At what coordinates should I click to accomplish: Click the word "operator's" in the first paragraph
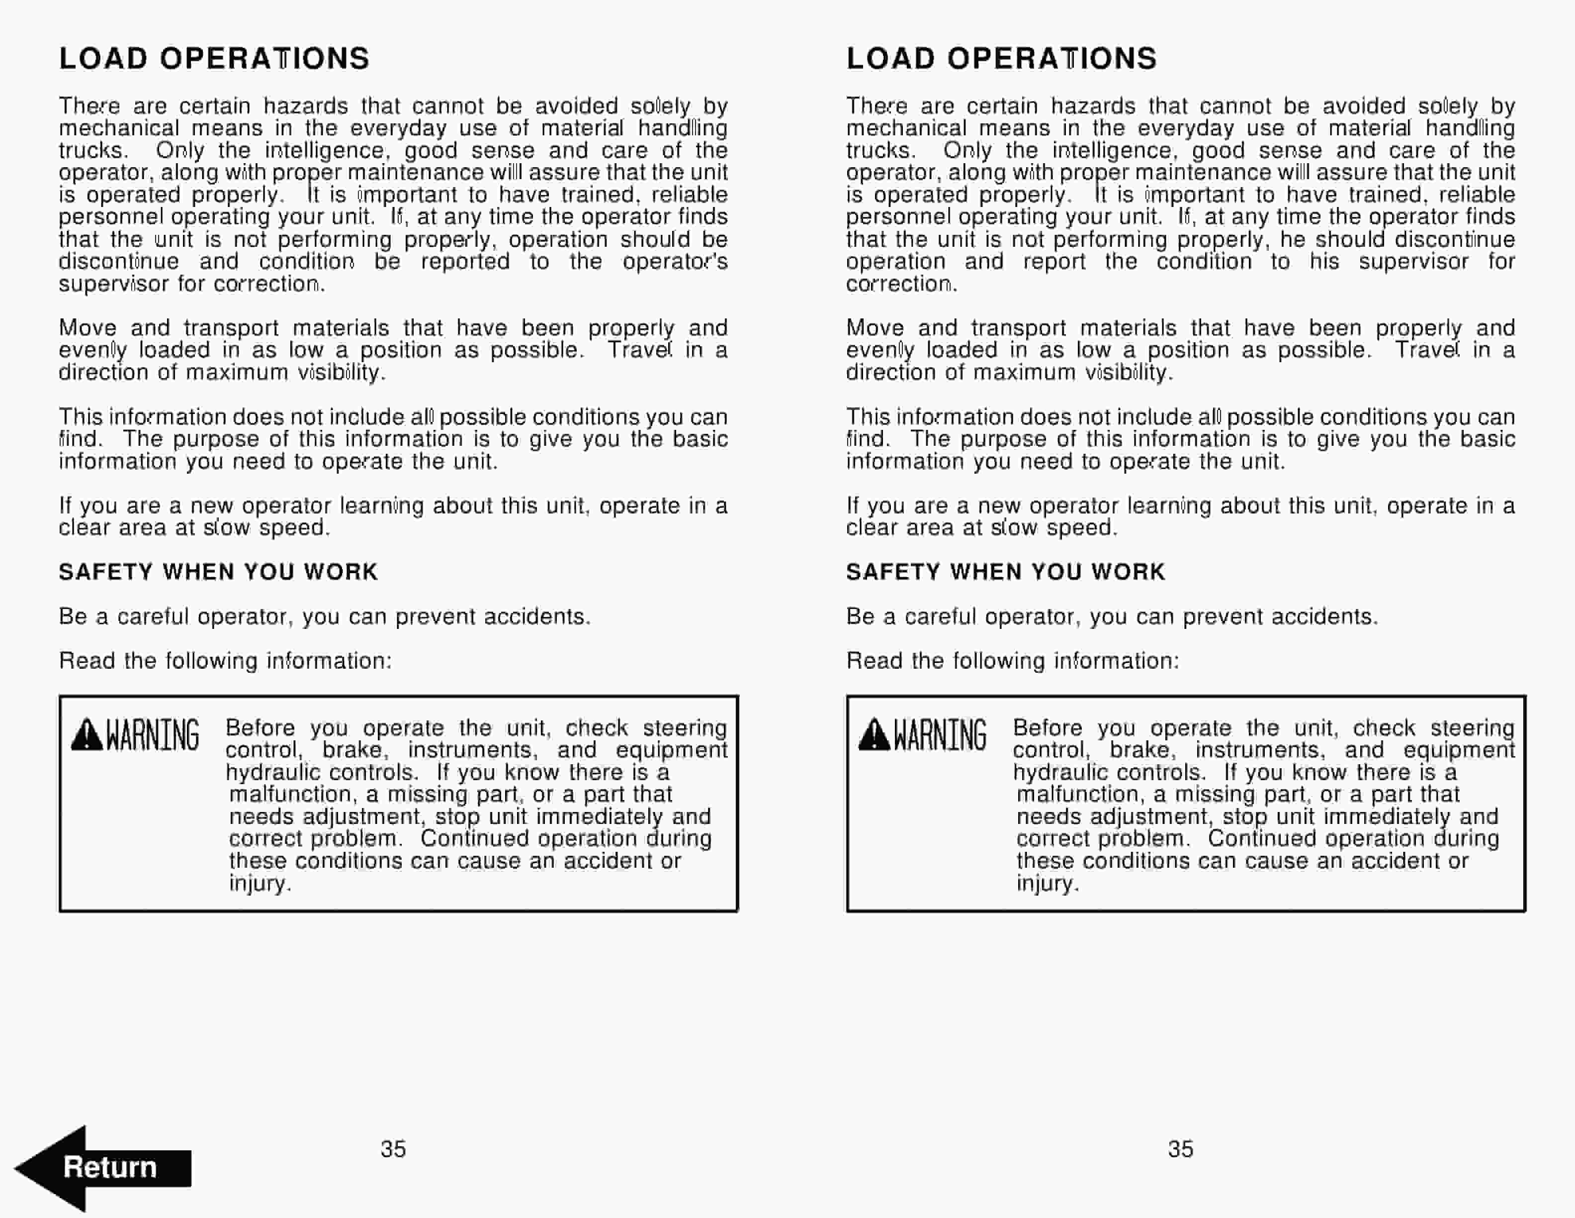pyautogui.click(x=675, y=261)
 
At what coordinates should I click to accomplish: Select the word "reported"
pyautogui.click(x=465, y=261)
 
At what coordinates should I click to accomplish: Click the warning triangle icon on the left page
pyautogui.click(x=87, y=735)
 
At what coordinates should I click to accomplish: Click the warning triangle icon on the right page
pyautogui.click(x=874, y=735)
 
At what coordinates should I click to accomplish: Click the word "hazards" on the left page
pyautogui.click(x=306, y=106)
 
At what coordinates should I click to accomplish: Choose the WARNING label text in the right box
pyautogui.click(x=940, y=735)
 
